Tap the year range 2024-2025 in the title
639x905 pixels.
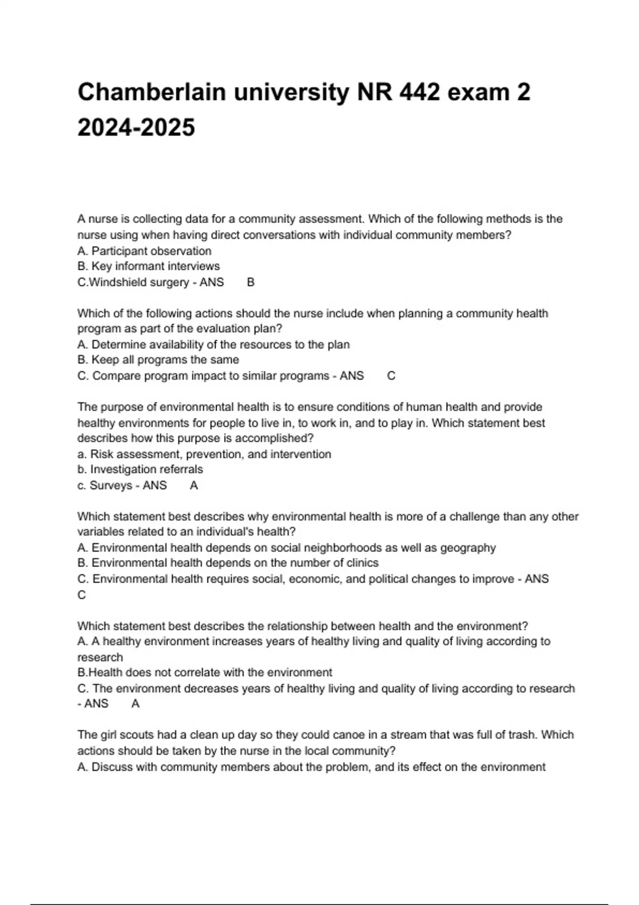(136, 127)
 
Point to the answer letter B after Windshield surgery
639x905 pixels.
(251, 282)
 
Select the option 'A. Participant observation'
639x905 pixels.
(144, 251)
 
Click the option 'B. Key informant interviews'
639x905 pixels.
(149, 266)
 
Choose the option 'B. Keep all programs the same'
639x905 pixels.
(158, 360)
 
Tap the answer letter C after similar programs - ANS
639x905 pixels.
(391, 376)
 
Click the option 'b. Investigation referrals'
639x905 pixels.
(140, 470)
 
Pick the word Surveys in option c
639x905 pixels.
(111, 486)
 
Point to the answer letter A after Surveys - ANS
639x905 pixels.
(194, 486)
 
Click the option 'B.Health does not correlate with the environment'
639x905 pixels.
(205, 672)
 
